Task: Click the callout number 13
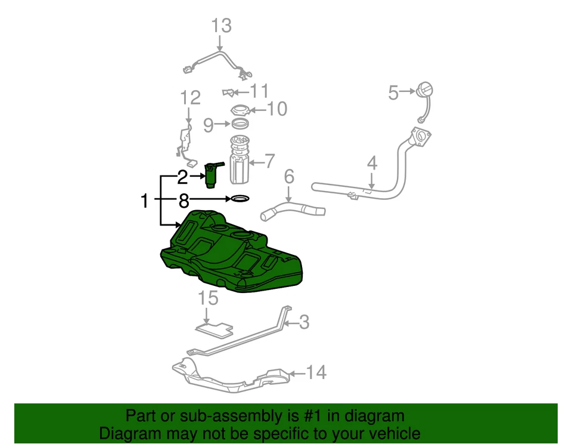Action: pos(220,26)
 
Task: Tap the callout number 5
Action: pos(393,92)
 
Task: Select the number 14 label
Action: pos(317,373)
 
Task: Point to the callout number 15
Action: pos(206,298)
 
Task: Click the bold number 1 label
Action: pos(144,201)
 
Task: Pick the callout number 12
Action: pos(190,97)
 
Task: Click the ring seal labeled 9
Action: pos(240,124)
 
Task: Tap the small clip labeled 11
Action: pos(227,91)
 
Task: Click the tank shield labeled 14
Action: pos(232,376)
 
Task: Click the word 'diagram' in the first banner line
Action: pos(372,416)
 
